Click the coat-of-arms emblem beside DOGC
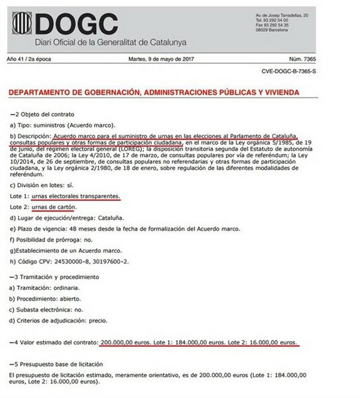click(x=21, y=24)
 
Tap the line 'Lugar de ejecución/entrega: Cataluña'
click(x=60, y=218)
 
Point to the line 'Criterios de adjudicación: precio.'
click(x=60, y=320)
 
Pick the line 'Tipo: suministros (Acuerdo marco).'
click(x=62, y=125)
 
